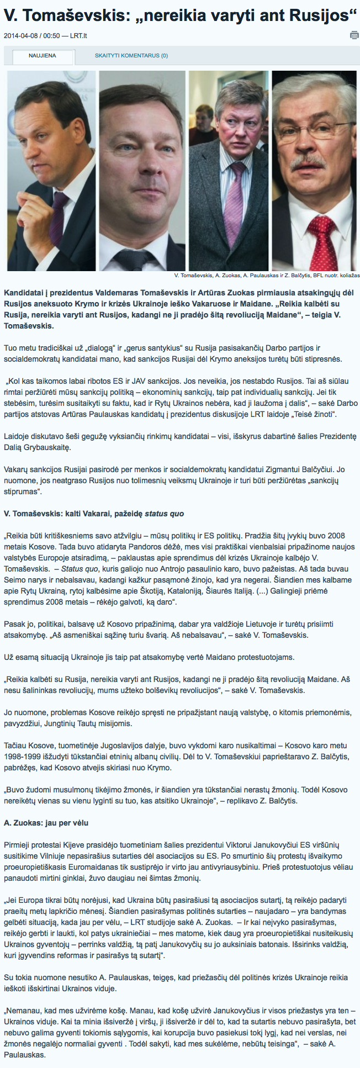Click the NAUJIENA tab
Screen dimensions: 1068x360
(42, 56)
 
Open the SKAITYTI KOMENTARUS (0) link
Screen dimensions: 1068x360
(131, 56)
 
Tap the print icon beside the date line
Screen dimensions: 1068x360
(354, 36)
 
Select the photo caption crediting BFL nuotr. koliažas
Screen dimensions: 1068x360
(266, 275)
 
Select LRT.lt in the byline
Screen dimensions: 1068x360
(78, 36)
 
